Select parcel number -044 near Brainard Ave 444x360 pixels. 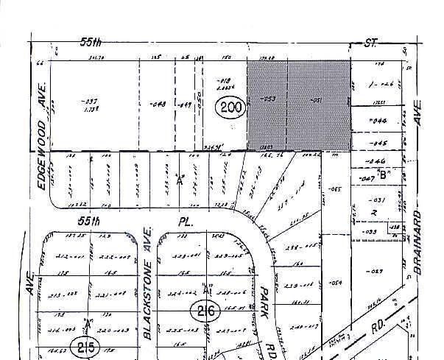[x=378, y=120]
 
